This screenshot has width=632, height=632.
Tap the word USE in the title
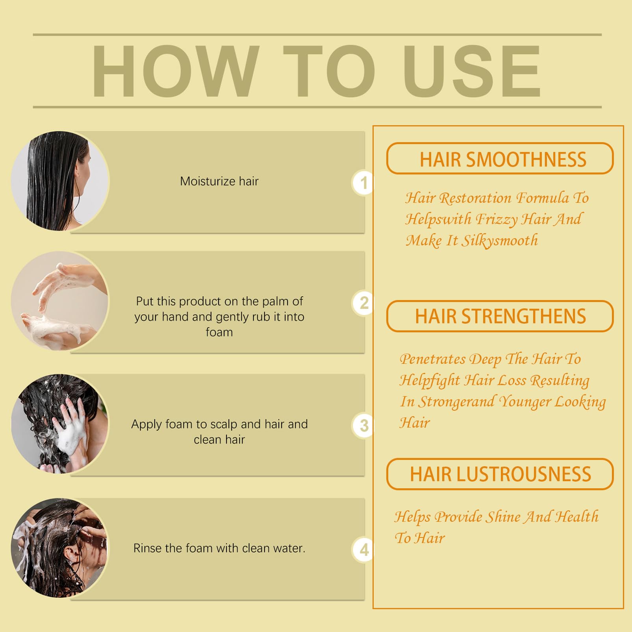(472, 71)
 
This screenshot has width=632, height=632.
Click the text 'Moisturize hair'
(219, 181)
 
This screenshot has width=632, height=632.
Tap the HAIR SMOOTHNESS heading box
(500, 158)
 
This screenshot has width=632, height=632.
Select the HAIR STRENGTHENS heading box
(500, 316)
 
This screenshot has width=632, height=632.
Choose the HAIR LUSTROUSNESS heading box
(500, 474)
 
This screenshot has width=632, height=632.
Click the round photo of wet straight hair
(60, 181)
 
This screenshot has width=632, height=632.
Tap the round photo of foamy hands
(60, 301)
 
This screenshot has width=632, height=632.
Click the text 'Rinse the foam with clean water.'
(219, 548)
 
